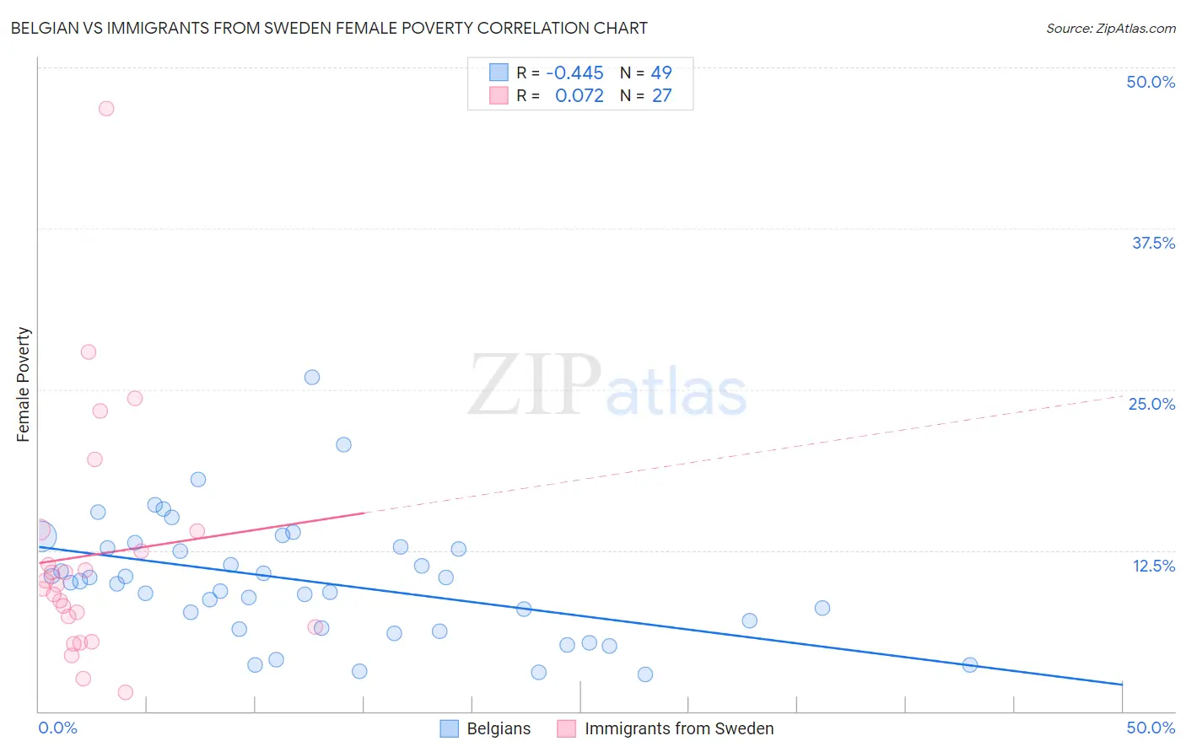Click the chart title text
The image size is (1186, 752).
click(x=329, y=28)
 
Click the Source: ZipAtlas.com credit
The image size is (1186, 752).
click(x=1110, y=29)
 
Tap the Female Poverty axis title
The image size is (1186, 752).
click(x=24, y=384)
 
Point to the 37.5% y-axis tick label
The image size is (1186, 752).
click(x=1153, y=243)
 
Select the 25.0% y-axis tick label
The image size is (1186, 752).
click(x=1151, y=404)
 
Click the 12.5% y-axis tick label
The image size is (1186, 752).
click(x=1153, y=566)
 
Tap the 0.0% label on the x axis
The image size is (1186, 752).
click(x=58, y=728)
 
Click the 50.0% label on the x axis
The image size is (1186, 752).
click(x=1151, y=728)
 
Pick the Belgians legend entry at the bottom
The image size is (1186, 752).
click(x=486, y=728)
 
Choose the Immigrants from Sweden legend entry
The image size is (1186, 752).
click(x=666, y=728)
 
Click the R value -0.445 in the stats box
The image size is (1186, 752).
click(x=574, y=73)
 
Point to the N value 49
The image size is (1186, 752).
click(x=661, y=73)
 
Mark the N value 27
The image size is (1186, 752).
click(x=661, y=96)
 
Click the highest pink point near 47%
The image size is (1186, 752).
click(x=106, y=109)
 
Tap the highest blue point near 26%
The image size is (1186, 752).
click(x=312, y=378)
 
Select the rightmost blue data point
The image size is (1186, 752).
click(x=970, y=665)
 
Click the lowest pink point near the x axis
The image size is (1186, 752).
click(x=126, y=692)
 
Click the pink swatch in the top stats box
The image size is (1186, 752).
click(x=499, y=96)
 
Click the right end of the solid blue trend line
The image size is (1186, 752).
click(x=1122, y=684)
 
